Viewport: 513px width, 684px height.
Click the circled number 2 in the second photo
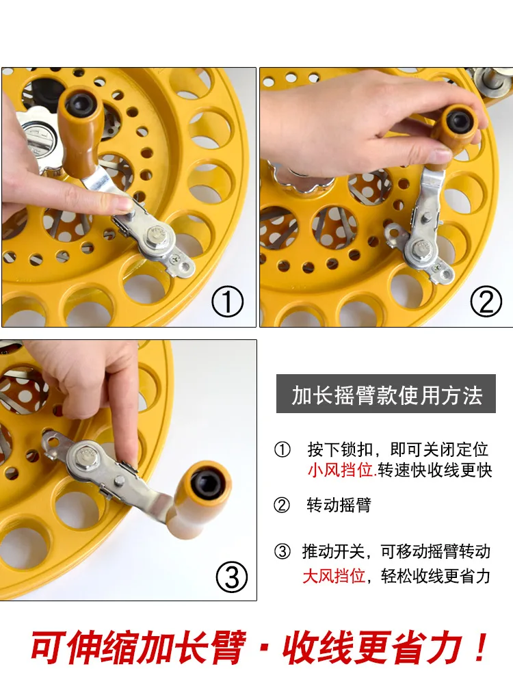click(486, 301)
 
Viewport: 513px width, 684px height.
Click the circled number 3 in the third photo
click(232, 576)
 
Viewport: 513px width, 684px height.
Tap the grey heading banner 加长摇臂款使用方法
click(386, 393)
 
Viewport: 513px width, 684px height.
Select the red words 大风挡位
click(334, 576)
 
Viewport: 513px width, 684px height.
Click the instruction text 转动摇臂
click(339, 505)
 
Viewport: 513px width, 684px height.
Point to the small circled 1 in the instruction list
click(282, 449)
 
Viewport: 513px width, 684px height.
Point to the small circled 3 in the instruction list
click(282, 551)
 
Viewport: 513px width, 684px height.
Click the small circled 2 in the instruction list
click(282, 505)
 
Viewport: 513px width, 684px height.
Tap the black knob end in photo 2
click(458, 121)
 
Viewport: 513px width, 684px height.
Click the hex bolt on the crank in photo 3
click(87, 456)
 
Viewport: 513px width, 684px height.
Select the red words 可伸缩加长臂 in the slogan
click(138, 647)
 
